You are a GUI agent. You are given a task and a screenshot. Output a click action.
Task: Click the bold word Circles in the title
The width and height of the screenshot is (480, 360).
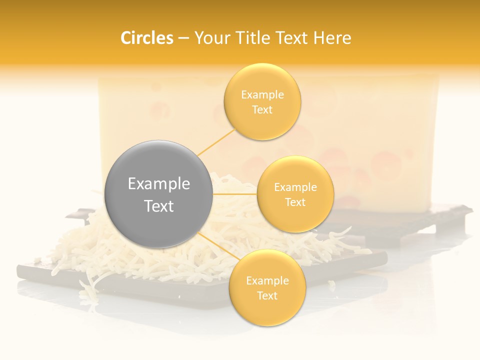coord(147,38)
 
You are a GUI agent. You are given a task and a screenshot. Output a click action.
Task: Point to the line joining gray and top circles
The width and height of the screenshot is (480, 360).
coord(216,142)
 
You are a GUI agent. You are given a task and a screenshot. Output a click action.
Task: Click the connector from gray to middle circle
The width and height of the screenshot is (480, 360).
coord(235,194)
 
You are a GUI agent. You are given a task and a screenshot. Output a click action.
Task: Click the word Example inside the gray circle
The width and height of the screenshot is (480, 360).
coord(159,184)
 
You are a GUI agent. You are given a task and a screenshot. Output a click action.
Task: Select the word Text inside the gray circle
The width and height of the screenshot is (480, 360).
coord(159,206)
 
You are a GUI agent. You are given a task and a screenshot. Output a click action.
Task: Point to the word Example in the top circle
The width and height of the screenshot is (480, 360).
coord(262,94)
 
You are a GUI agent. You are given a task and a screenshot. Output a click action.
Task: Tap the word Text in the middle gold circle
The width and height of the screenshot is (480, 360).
coord(295,202)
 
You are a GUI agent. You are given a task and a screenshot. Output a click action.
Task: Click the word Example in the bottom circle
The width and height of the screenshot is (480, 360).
coord(267,280)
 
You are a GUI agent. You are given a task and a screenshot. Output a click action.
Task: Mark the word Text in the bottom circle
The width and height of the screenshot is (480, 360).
coord(267,295)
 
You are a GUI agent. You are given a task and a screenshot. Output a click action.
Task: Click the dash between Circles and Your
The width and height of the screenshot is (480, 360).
coord(183,38)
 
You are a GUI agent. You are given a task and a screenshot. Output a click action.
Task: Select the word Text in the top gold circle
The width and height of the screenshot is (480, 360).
coord(262,109)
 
